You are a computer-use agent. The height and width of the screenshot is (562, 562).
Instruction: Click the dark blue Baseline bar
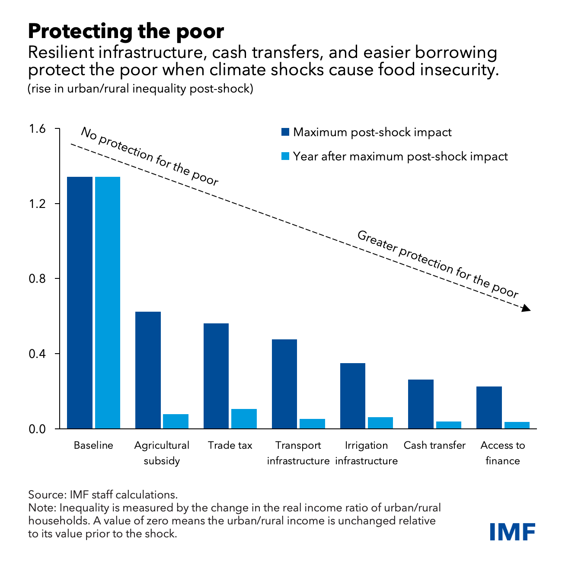[x=80, y=303]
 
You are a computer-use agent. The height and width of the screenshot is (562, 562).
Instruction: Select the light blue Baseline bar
[x=108, y=303]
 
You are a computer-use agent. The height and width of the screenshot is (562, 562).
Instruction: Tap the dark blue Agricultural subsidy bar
[x=148, y=370]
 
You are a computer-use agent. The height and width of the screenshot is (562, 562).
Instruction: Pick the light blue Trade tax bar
[x=244, y=418]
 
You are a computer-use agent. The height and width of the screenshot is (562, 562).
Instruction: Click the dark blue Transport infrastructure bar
[x=284, y=384]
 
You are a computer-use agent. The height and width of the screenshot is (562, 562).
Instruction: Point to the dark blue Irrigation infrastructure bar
[x=353, y=396]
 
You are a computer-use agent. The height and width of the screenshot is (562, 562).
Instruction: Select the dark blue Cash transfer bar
[x=421, y=404]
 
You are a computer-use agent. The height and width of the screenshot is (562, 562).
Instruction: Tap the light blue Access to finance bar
[x=517, y=425]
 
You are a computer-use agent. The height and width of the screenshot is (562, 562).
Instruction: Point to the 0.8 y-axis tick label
[x=38, y=279]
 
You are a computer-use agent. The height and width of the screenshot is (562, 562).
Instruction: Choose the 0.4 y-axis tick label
[x=38, y=354]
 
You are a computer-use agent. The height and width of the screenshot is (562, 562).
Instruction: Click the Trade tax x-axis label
[x=230, y=445]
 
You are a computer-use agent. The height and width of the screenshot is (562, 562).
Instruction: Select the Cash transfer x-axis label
[x=434, y=445]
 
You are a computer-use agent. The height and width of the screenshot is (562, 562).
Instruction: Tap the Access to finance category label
[x=502, y=453]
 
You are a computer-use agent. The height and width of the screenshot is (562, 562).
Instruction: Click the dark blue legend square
[x=285, y=132]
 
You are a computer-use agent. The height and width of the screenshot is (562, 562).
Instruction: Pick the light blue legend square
[x=285, y=156]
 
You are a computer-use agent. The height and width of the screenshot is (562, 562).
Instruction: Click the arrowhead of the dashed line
[x=526, y=308]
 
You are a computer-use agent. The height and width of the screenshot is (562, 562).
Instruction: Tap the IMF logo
[x=513, y=531]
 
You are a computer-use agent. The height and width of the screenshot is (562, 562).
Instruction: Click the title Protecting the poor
[x=126, y=32]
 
